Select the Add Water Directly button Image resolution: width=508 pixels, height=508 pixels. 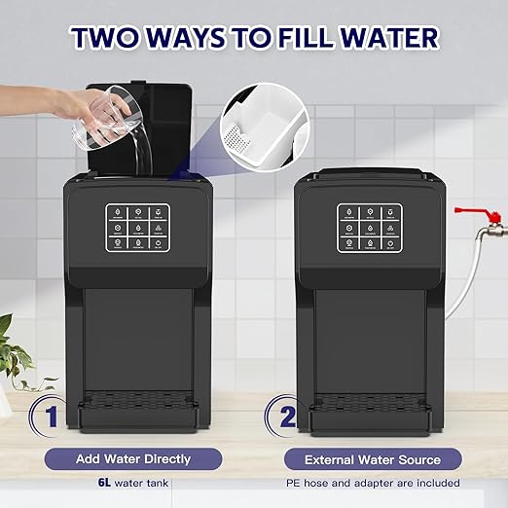coord(133,457)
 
